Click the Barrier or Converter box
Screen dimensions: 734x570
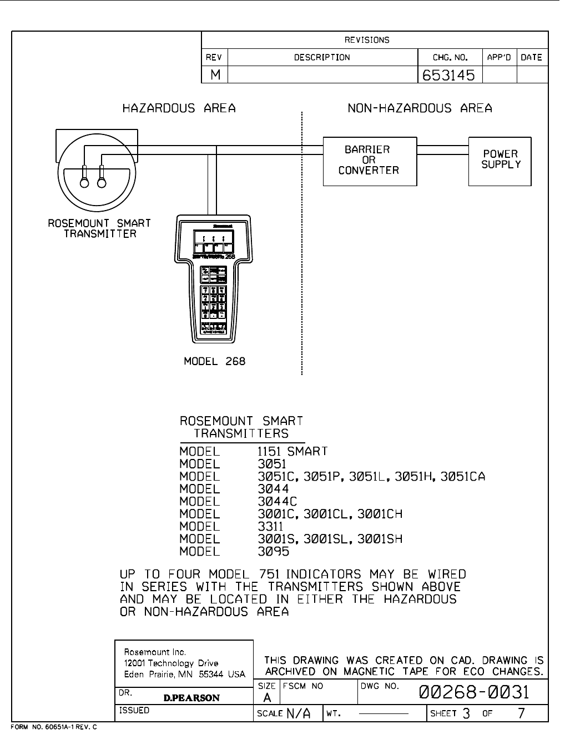(370, 161)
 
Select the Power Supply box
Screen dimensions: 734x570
(500, 161)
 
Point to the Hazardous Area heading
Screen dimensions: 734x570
(179, 108)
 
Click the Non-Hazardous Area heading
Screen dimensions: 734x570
(420, 108)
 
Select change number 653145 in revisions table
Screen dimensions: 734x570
(449, 75)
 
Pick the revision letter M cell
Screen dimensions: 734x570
(215, 75)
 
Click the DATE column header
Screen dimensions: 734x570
(531, 57)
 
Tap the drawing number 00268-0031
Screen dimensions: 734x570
(475, 692)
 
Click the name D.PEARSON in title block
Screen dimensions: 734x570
(191, 698)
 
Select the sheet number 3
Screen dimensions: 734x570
(466, 713)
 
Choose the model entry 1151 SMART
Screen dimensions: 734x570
(292, 451)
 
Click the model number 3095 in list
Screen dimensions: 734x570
(273, 552)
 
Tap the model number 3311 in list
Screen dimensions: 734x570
(270, 526)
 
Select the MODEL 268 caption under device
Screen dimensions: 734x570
(214, 362)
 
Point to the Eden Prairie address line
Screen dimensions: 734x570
(184, 675)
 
